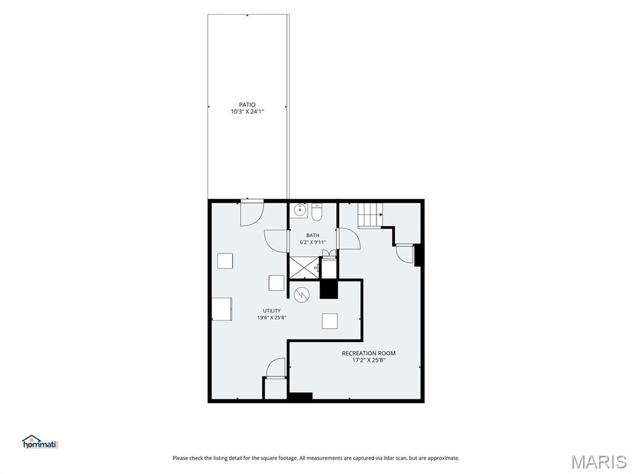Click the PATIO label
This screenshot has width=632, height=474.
pyautogui.click(x=247, y=105)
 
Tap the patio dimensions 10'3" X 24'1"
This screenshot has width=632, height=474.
pyautogui.click(x=247, y=112)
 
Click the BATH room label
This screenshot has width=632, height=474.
pyautogui.click(x=313, y=235)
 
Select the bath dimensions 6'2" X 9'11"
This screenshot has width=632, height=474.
pyautogui.click(x=313, y=242)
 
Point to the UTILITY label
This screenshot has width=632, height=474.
pyautogui.click(x=272, y=311)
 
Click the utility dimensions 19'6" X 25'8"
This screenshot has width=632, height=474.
pyautogui.click(x=272, y=318)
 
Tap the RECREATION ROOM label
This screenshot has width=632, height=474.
pyautogui.click(x=369, y=353)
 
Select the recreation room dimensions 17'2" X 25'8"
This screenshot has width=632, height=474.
pyautogui.click(x=369, y=360)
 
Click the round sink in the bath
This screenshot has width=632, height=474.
pyautogui.click(x=299, y=210)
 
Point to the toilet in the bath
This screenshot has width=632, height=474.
pyautogui.click(x=317, y=212)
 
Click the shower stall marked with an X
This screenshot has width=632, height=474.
pyautogui.click(x=304, y=267)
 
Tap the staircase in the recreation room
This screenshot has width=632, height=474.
pyautogui.click(x=370, y=215)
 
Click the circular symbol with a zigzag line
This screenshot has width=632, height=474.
pyautogui.click(x=301, y=294)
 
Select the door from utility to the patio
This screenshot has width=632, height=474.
pyautogui.click(x=252, y=212)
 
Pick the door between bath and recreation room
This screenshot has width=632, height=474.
pyautogui.click(x=349, y=239)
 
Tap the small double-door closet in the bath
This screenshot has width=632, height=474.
pyautogui.click(x=329, y=254)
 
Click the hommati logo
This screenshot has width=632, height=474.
pyautogui.click(x=40, y=442)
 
